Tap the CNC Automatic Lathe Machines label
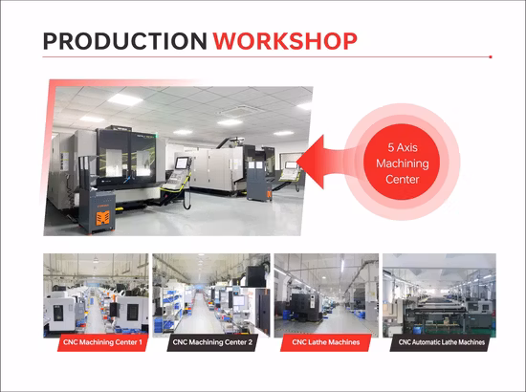[440, 341]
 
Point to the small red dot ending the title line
[490, 57]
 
